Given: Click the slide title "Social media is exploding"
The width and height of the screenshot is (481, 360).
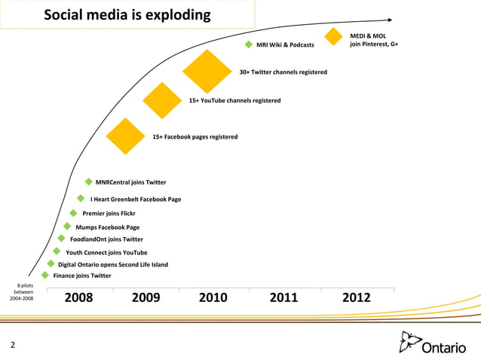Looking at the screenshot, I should pos(127,16).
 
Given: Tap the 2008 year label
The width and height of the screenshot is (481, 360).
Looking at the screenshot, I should pos(79,297).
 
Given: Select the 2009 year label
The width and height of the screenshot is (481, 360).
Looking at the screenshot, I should pos(146,297).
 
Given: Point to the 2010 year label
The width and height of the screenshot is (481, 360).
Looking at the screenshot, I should pos(213,297).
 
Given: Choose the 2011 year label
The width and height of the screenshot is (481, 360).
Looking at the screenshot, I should pos(283,297).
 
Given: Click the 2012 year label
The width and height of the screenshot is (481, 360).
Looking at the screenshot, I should pos(357,297).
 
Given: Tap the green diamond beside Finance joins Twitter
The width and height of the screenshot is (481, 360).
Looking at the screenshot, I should pos(46,276).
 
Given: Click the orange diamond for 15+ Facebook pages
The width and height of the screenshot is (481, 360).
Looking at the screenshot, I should pos(125,136).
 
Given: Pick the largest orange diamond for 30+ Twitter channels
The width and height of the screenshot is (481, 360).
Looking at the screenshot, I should pos(207,72).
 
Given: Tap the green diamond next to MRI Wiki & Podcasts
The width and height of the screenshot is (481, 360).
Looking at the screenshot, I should pos(249,45).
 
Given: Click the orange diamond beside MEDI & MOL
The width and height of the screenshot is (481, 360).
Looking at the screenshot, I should pos(334,35).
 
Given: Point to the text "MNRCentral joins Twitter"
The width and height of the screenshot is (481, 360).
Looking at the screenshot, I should pos(130,182).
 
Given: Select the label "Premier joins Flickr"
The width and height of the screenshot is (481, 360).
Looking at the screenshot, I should pos(109,213).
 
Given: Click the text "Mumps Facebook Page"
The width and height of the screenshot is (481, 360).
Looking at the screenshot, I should pos(107,227).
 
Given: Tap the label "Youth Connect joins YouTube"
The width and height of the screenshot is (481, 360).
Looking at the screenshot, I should pos(106,253).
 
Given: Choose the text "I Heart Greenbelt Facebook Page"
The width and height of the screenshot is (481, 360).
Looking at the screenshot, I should pos(136,200).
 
